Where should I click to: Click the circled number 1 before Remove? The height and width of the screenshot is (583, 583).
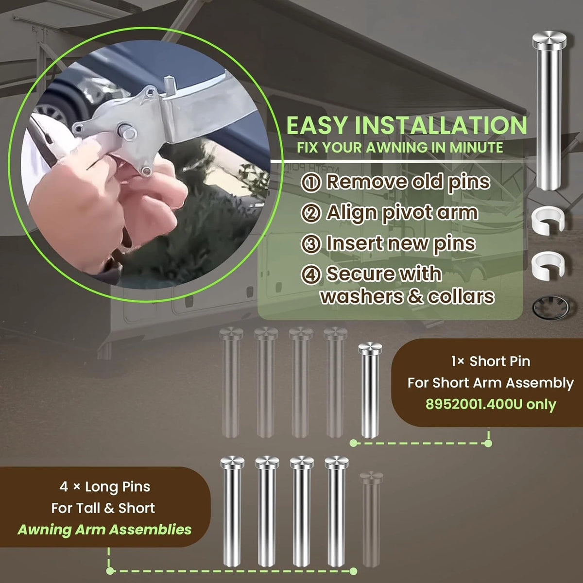coord(311,183)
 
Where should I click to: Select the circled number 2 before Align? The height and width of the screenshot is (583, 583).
coord(311,214)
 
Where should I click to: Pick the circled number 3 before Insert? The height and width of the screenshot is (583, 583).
coord(311,244)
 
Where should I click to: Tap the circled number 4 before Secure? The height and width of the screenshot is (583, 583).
coord(311,274)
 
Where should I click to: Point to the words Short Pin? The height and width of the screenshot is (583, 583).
coord(500,361)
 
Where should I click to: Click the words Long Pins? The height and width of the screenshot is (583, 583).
coord(118,487)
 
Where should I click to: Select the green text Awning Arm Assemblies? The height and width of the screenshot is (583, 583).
coord(104,530)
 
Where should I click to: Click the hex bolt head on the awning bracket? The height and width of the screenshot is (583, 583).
coord(128,133)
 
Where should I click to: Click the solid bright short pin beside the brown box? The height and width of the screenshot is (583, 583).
coord(370,390)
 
